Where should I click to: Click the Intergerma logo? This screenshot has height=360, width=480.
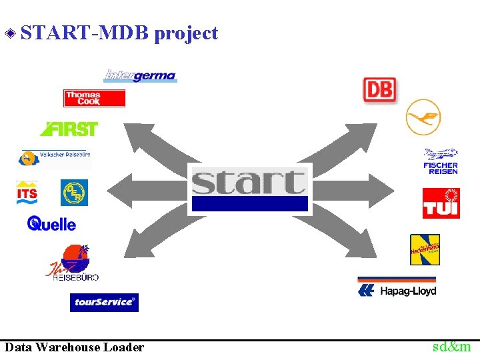(x=140, y=75)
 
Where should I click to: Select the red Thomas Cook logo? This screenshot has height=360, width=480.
(x=94, y=99)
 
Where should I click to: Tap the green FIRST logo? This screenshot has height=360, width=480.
(x=69, y=129)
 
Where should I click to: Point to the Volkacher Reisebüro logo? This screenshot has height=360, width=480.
(x=53, y=157)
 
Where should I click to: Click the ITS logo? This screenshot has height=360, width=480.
(x=27, y=193)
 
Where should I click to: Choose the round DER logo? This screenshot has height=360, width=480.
(x=74, y=193)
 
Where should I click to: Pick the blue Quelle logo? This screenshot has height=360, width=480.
(x=52, y=224)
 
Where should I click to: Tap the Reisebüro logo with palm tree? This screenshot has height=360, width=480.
(x=72, y=263)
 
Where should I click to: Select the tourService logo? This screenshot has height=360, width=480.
(x=104, y=302)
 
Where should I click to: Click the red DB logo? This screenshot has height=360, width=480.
(x=379, y=89)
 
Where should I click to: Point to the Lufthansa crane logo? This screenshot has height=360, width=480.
(x=423, y=117)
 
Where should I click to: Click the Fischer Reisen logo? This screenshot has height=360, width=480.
(x=441, y=161)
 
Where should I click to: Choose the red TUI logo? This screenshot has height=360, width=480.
(x=441, y=203)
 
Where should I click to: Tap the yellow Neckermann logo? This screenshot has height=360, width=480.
(x=425, y=250)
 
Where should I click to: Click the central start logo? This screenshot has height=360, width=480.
(x=250, y=189)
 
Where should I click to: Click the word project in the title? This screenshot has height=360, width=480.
(x=186, y=33)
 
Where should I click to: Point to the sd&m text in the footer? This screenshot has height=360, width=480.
(x=451, y=347)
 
